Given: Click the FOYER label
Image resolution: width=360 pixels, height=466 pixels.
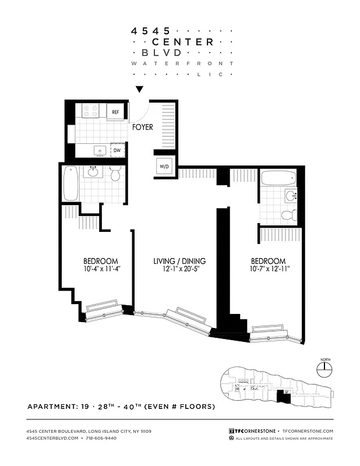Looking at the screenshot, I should coord(142,127).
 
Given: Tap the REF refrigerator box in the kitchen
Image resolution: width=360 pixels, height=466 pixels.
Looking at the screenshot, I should coord(115,111).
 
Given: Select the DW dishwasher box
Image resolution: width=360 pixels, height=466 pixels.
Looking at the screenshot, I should coord(117,150).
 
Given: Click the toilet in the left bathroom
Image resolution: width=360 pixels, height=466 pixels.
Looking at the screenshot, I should coord(115,174).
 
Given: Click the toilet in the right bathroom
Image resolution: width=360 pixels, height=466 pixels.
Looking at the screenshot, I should coord(288,215).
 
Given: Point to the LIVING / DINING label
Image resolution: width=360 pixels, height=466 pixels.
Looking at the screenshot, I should coord(179,261).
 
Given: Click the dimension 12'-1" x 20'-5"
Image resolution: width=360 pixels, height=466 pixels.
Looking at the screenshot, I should coord(179,269).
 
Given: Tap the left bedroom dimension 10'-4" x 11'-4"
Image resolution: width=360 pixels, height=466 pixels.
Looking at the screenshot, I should coord(101,269).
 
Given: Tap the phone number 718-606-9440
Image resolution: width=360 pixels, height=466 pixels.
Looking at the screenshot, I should coord(100,437).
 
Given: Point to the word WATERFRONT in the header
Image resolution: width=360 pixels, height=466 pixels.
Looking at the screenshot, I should coord(182,63).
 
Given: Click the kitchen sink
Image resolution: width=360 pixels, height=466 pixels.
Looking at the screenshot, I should coord(100,150).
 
